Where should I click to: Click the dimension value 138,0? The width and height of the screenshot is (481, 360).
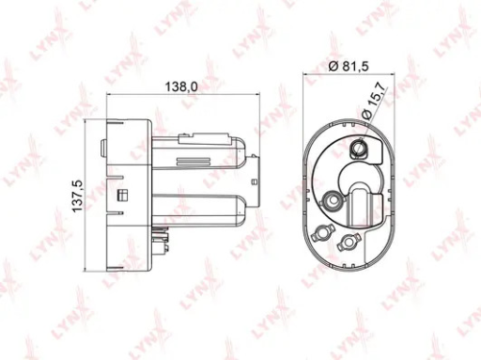point(181,86)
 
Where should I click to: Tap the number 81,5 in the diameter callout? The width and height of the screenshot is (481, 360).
point(355,66)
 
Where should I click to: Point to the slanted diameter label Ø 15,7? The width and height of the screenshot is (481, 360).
point(374,100)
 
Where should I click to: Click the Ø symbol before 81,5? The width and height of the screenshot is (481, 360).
point(334,66)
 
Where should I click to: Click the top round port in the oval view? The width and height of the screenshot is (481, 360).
point(358,148)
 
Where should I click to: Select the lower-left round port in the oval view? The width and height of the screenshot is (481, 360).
point(332,200)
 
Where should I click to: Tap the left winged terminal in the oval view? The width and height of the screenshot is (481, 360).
point(321,234)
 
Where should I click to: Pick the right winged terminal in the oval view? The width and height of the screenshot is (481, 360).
point(348,242)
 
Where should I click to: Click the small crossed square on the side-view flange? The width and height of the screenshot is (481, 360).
point(121,195)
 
